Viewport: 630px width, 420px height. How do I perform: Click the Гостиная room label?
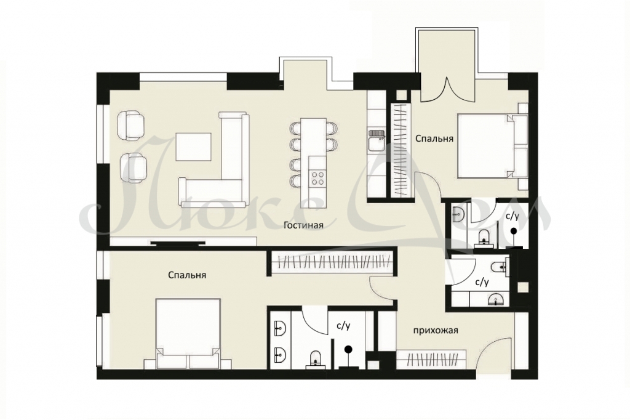tap(303, 225)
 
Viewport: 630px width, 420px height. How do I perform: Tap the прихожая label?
tap(436, 331)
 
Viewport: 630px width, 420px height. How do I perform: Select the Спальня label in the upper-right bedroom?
tap(434, 139)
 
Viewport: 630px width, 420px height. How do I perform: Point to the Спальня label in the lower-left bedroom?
tap(187, 275)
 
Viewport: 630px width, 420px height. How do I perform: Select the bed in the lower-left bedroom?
tap(188, 333)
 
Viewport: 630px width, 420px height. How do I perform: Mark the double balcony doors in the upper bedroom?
tap(448, 89)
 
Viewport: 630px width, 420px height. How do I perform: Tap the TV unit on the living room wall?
tap(178, 242)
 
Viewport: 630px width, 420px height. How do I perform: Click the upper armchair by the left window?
tap(132, 125)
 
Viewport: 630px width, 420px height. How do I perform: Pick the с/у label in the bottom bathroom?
tap(343, 326)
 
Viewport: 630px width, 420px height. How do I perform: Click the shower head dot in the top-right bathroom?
tap(514, 231)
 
